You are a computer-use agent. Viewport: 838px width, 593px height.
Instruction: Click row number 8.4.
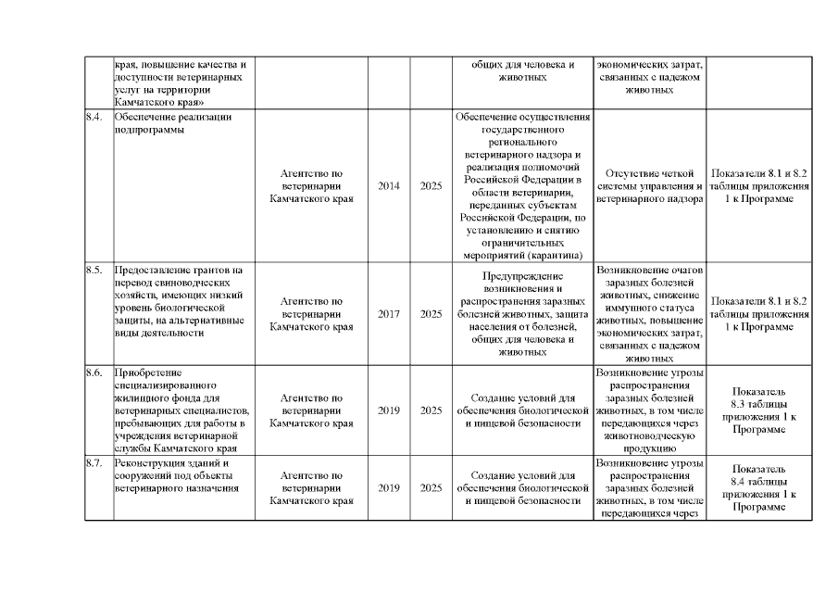[94, 118]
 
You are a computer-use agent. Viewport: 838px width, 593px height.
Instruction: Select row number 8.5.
[94, 270]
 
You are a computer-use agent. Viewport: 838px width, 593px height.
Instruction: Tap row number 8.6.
[94, 372]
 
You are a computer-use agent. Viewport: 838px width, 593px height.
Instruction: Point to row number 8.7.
[94, 461]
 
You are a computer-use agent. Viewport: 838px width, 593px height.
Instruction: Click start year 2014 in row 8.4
[389, 185]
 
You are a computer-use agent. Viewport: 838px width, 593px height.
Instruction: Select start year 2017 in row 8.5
[389, 313]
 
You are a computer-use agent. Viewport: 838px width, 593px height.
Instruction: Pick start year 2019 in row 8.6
[389, 410]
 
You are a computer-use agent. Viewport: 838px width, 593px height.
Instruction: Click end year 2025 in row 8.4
[431, 185]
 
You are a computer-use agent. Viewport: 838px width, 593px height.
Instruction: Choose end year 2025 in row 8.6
[431, 410]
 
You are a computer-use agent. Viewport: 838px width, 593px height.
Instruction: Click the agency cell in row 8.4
[311, 185]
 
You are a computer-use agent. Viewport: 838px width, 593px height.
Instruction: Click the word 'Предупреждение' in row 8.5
[524, 276]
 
